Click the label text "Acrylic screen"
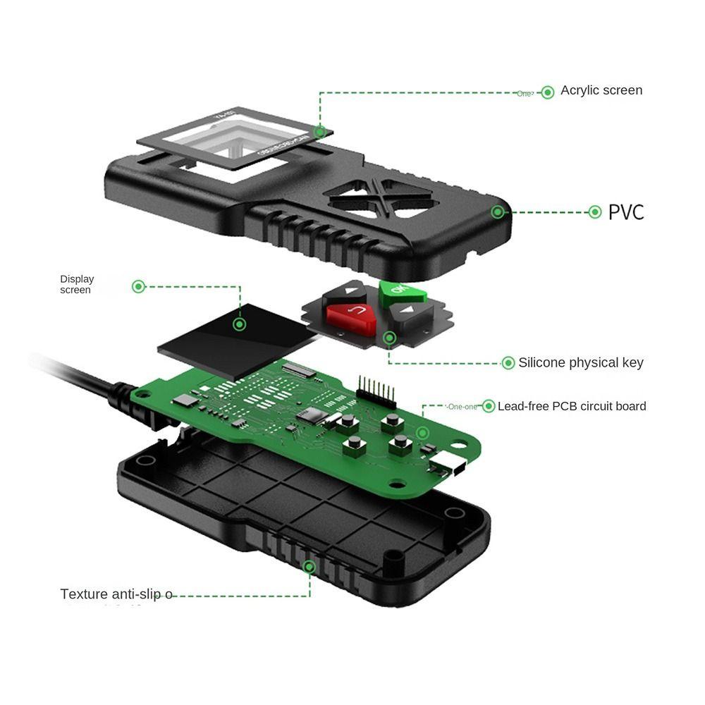pyautogui.click(x=601, y=90)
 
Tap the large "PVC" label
pyautogui.click(x=626, y=211)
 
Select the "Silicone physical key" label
pyautogui.click(x=581, y=363)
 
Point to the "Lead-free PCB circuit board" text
pyautogui.click(x=572, y=406)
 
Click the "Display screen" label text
pyautogui.click(x=77, y=284)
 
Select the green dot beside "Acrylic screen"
pyautogui.click(x=548, y=92)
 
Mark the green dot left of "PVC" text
pyautogui.click(x=594, y=211)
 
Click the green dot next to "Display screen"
pyautogui.click(x=139, y=286)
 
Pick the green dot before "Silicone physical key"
pyautogui.click(x=508, y=363)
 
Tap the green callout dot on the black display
pyautogui.click(x=240, y=324)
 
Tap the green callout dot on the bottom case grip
pyautogui.click(x=308, y=566)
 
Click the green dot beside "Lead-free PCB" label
pyautogui.click(x=488, y=406)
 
